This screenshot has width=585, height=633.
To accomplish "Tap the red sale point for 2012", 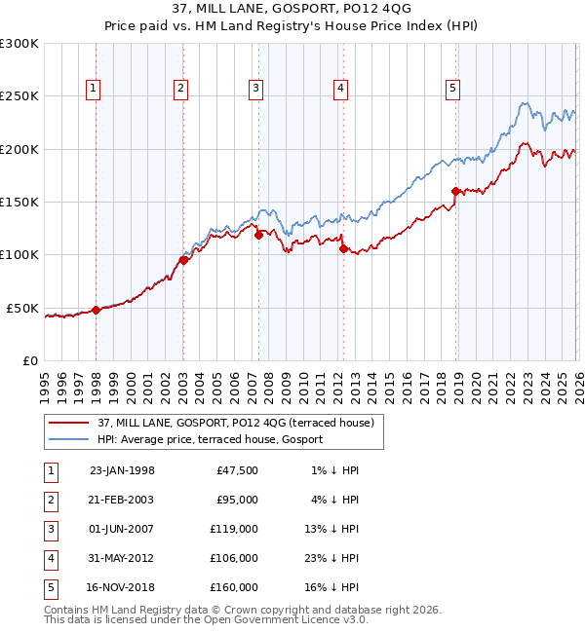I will tap(343, 249).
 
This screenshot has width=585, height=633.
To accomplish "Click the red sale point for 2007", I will tap(258, 235).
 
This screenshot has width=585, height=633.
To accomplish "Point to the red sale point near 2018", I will tap(455, 192).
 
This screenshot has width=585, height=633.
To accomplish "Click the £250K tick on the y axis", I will tap(19, 96).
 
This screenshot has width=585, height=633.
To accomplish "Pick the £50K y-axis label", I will tap(22, 308).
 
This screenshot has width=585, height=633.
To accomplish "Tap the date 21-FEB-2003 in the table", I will tap(122, 499).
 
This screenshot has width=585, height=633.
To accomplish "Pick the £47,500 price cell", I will tap(235, 469).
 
